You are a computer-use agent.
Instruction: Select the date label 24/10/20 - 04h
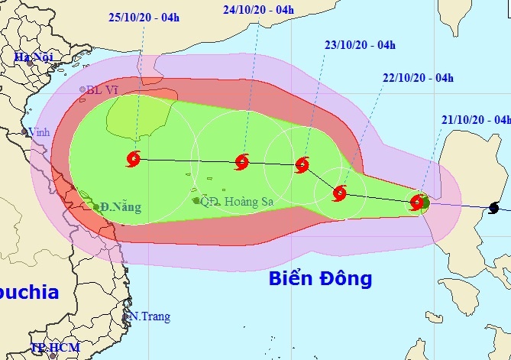(x=259, y=10)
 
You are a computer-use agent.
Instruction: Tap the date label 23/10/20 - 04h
(x=360, y=45)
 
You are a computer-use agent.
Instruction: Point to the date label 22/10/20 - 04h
(x=418, y=77)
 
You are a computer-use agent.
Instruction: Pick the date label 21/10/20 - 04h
(x=475, y=119)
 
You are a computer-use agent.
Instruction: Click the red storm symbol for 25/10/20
(x=134, y=160)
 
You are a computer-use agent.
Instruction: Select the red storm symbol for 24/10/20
(x=242, y=161)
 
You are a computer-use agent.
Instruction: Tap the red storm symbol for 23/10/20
(x=302, y=164)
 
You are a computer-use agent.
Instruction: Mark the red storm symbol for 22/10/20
(x=340, y=193)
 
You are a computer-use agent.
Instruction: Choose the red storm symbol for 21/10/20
(x=417, y=203)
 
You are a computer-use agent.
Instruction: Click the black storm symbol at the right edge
(x=495, y=207)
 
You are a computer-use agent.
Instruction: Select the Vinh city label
(x=39, y=132)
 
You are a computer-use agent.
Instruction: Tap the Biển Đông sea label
(x=320, y=278)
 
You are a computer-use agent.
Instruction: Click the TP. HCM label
(x=55, y=349)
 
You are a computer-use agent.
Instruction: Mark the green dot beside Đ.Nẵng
(x=96, y=206)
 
